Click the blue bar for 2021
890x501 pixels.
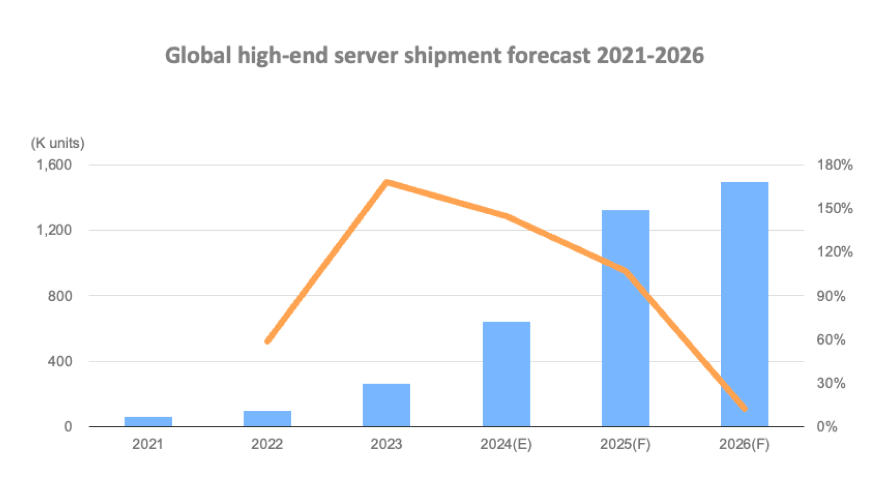click(x=148, y=421)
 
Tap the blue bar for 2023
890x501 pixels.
click(x=386, y=405)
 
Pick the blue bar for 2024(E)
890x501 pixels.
click(x=506, y=374)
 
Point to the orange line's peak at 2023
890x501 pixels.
click(x=387, y=183)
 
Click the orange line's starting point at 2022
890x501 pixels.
click(x=268, y=341)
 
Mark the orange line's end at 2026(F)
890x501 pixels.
click(x=744, y=409)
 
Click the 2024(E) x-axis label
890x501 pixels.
click(x=506, y=444)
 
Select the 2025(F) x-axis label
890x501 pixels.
click(x=625, y=444)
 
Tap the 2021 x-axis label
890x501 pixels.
click(x=148, y=444)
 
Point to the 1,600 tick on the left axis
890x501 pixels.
click(x=54, y=165)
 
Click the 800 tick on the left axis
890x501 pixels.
click(x=60, y=296)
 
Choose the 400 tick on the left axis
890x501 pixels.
click(x=60, y=362)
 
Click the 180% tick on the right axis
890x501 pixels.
click(x=835, y=165)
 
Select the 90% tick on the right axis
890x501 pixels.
click(x=831, y=296)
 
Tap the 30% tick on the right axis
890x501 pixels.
click(x=831, y=383)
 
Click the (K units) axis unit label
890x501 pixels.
click(x=58, y=143)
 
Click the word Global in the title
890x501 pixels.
click(x=198, y=56)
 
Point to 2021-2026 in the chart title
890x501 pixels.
click(x=650, y=56)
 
